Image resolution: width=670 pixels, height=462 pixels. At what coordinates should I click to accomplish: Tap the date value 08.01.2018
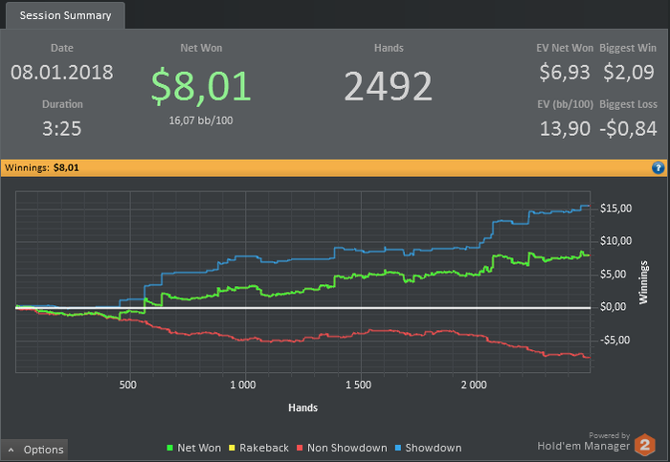pos(62,72)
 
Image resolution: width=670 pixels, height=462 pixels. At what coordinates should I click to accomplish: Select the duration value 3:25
pos(62,127)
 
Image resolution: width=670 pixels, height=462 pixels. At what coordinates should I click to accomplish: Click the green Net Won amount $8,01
pos(201,85)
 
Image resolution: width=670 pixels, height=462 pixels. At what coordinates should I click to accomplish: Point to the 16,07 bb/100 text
pos(201,120)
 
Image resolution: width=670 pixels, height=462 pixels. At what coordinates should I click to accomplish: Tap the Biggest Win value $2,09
pos(629,72)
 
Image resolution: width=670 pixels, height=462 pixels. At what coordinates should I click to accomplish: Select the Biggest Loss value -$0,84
pos(629,128)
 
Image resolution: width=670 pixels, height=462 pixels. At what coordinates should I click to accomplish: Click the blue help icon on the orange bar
pos(659,167)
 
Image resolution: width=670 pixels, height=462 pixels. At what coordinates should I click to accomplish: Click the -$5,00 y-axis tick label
pos(614,340)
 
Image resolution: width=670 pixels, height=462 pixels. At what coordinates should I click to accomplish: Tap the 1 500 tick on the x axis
pos(357,385)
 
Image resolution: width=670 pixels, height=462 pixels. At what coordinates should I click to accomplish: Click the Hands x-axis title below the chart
pos(302,407)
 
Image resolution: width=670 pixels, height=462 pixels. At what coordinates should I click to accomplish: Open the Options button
pos(36,450)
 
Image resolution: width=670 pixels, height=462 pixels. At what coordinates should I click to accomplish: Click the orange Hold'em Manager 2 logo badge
pos(646,446)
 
